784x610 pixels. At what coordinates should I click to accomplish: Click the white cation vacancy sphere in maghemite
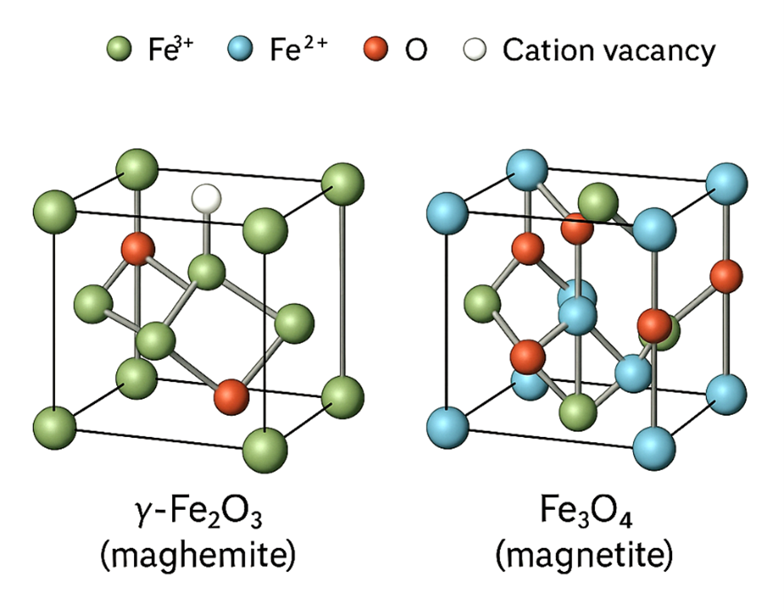[206, 199]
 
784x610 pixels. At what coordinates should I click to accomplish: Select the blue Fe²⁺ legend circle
[243, 51]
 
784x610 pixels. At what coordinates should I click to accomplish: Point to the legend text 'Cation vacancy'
[608, 51]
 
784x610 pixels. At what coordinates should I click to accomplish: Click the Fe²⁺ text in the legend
[296, 51]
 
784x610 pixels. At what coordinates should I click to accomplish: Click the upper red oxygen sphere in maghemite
[137, 248]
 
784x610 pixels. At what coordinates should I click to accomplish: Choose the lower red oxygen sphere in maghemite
[231, 395]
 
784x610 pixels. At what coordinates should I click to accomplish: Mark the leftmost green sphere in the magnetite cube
[483, 303]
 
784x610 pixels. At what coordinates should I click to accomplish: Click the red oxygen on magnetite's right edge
[726, 276]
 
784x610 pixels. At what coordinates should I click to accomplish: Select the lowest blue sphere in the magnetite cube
[653, 444]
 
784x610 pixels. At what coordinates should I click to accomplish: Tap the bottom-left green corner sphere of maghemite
[56, 423]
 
